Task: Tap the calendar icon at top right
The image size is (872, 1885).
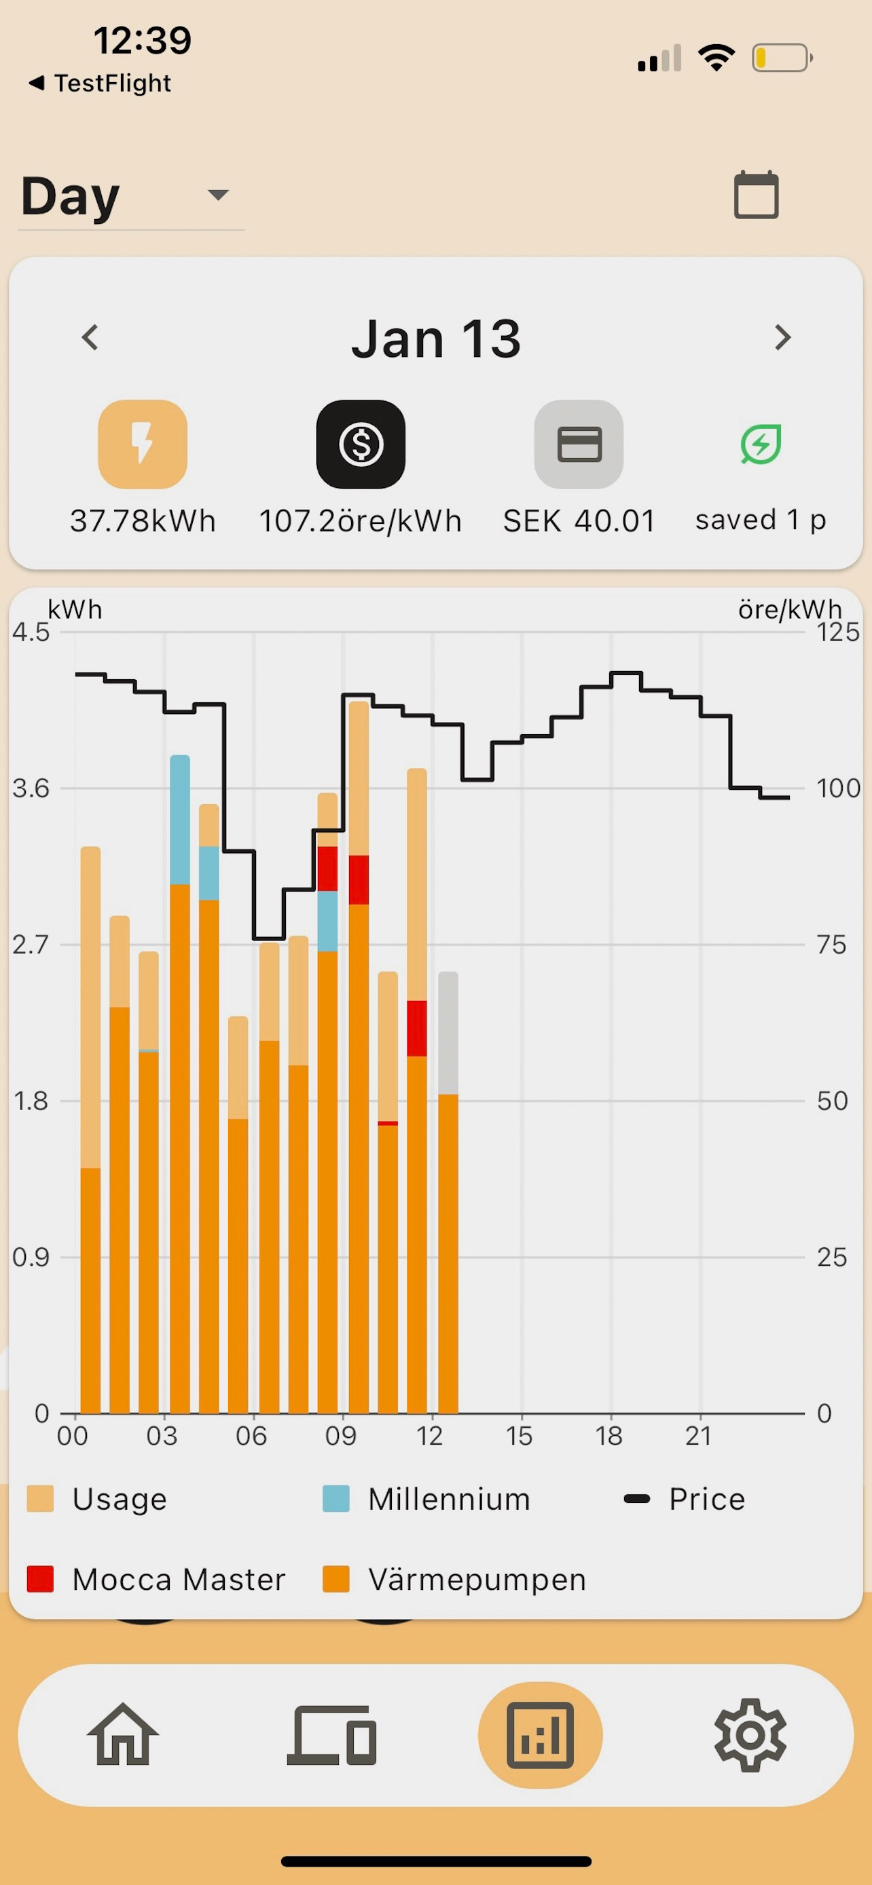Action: (757, 195)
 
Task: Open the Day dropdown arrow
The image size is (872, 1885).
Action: (218, 195)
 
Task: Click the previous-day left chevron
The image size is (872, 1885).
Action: (90, 337)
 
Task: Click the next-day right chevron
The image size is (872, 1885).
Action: (782, 337)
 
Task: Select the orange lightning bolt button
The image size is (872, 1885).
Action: (143, 444)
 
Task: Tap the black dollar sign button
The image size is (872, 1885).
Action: (361, 444)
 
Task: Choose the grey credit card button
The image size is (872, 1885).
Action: (579, 444)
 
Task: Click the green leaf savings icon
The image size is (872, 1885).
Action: (761, 444)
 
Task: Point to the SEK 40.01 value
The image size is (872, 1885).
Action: (579, 521)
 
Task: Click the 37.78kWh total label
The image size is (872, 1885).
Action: (143, 521)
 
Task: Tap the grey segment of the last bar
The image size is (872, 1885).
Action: (448, 1033)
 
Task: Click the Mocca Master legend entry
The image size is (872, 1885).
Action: (156, 1579)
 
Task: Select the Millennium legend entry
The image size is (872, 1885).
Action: (426, 1499)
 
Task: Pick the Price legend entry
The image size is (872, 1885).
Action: (684, 1499)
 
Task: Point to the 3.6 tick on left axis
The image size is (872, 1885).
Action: (31, 788)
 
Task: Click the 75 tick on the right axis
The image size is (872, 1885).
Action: (832, 945)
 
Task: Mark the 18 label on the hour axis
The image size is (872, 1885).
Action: (609, 1436)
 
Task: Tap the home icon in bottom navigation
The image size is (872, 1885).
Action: (123, 1734)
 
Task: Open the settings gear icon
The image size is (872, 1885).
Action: (750, 1734)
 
